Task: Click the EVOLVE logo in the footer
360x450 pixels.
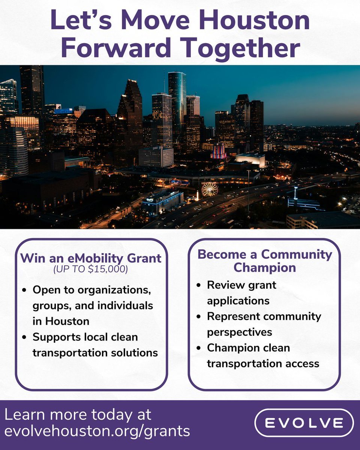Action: click(x=304, y=423)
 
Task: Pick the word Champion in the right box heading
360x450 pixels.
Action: click(x=264, y=268)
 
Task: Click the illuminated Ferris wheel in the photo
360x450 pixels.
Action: click(x=209, y=189)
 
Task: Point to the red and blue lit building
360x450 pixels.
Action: click(x=219, y=151)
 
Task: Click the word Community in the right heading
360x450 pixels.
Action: click(x=296, y=255)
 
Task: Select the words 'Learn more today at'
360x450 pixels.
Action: click(x=78, y=415)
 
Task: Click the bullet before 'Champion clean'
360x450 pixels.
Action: click(x=198, y=348)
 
